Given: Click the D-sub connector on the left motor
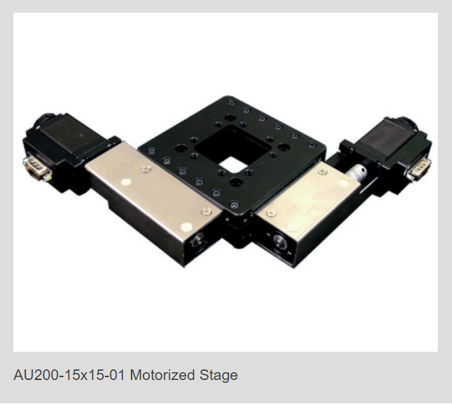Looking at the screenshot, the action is tap(36, 167).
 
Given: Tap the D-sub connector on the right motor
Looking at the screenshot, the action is tap(418, 169).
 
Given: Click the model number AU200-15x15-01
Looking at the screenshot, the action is tap(69, 375).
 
